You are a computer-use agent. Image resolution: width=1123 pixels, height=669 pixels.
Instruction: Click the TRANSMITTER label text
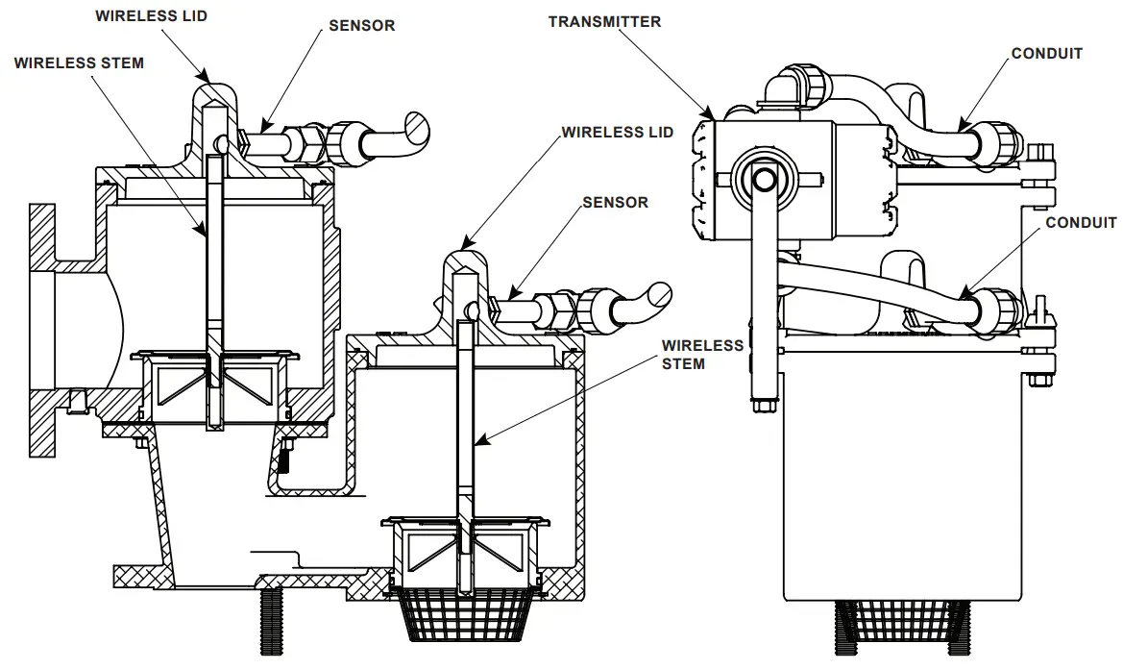point(604,21)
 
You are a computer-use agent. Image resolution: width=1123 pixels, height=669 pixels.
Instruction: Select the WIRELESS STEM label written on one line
point(79,63)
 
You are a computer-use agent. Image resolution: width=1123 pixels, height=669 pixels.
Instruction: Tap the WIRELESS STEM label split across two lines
point(702,354)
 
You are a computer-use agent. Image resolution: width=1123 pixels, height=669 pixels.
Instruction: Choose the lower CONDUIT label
point(1081,223)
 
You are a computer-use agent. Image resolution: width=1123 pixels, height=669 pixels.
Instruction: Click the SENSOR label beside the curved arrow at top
point(361,26)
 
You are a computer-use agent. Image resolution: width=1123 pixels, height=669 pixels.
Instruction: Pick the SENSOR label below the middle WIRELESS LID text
point(615,203)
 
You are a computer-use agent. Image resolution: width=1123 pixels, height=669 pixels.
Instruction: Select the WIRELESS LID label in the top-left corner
point(152,15)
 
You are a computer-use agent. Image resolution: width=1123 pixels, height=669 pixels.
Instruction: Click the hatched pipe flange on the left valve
point(43,327)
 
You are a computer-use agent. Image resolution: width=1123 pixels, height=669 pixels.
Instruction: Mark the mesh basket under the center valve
point(465,616)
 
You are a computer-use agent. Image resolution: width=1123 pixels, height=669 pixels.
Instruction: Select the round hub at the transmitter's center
point(765,178)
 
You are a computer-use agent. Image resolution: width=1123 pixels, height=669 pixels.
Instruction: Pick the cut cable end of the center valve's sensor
point(660,294)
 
